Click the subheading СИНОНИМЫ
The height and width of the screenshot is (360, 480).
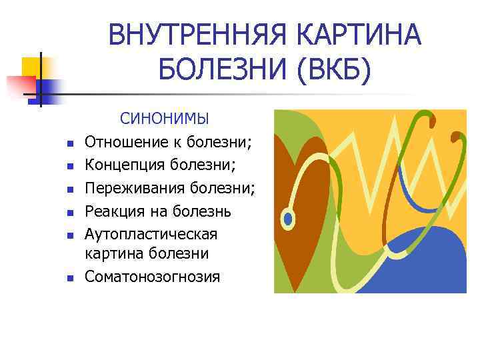click(165, 119)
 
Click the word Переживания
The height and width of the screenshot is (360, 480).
click(131, 188)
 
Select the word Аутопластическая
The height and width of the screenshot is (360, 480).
click(151, 234)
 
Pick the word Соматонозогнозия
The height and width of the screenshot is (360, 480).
click(152, 276)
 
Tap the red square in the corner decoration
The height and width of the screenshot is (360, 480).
click(20, 85)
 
